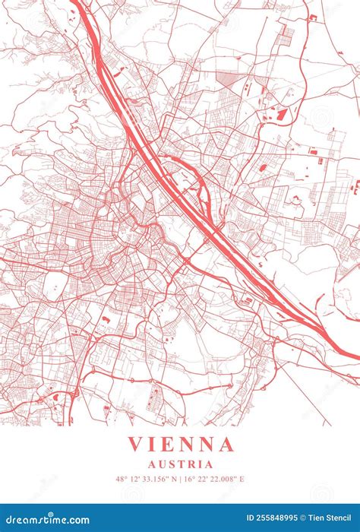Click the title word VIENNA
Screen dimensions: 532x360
(181, 444)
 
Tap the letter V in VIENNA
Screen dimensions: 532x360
(134, 444)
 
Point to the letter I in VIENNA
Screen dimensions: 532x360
(154, 444)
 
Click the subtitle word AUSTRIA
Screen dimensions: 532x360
(181, 464)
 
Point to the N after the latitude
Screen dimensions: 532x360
(175, 480)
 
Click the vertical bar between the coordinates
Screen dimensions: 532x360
(182, 480)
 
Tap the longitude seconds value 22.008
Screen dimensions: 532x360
(224, 480)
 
